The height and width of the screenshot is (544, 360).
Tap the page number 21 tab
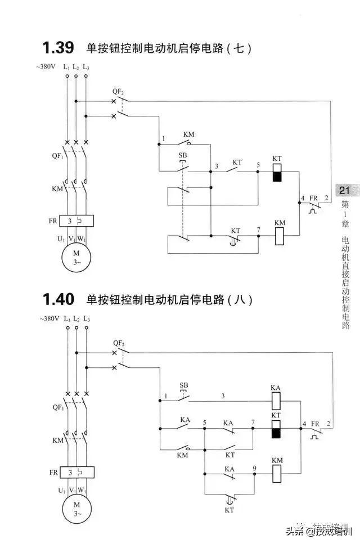(344, 191)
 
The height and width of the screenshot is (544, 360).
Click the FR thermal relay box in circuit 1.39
(76, 221)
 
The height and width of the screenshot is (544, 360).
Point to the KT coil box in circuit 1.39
(276, 173)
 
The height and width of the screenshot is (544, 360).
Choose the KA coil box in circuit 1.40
(276, 401)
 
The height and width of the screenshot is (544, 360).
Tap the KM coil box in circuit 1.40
(276, 474)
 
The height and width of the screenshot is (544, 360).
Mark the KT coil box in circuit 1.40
(276, 428)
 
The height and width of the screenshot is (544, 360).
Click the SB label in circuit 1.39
(182, 155)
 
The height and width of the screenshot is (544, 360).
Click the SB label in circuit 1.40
(183, 385)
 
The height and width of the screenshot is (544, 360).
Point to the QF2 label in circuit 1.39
(118, 91)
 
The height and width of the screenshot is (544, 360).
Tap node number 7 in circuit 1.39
(258, 230)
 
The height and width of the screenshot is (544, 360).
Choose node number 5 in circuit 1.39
(258, 165)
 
